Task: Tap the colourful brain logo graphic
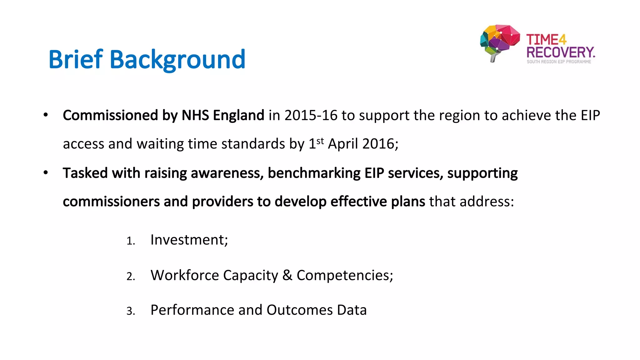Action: [x=499, y=42]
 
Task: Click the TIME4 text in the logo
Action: [x=546, y=40]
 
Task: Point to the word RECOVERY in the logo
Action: [x=560, y=52]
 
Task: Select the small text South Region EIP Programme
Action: [x=559, y=62]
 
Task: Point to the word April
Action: [x=343, y=144]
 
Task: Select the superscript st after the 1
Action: [x=320, y=141]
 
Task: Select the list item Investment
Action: [x=189, y=240]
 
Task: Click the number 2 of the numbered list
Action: [x=130, y=276]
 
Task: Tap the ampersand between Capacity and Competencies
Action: [x=287, y=275]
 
